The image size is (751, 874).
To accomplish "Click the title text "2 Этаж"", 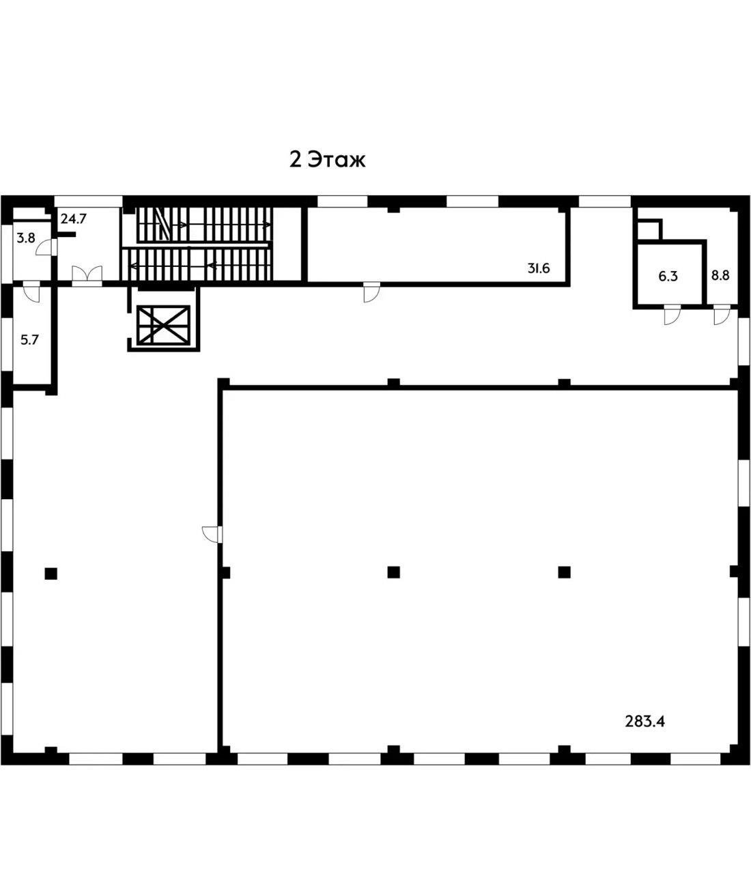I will pos(328,160).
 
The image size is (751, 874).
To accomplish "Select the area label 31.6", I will pos(538,268).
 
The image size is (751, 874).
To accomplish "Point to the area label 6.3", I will pos(667,276).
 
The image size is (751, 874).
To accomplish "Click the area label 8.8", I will pos(721,276).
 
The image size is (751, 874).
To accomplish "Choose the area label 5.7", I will pos(29,339).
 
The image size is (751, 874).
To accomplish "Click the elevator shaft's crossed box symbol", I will pos(163,324).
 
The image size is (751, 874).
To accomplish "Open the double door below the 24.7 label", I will pos(87,275).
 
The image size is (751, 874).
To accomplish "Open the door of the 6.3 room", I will pos(672,315).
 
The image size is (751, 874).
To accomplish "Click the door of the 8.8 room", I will pos(720,315).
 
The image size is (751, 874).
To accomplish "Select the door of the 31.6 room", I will pos(371,292).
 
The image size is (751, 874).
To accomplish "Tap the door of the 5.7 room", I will pos(31,293).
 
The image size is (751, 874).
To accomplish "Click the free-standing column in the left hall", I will pos(51,574).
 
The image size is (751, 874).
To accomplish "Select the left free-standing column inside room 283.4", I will pos(393,572).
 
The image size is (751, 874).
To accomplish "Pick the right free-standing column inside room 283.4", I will pos(564,572).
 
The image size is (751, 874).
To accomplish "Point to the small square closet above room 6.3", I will pos(649,229).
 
